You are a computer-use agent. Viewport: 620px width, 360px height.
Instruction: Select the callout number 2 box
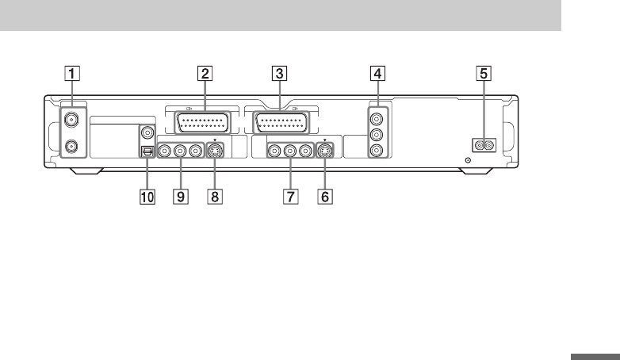pyautogui.click(x=205, y=75)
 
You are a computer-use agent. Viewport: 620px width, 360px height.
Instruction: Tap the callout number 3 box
pyautogui.click(x=278, y=75)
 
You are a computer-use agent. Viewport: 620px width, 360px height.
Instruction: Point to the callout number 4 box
pyautogui.click(x=379, y=75)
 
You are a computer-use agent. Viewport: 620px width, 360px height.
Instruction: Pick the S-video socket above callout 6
pyautogui.click(x=324, y=149)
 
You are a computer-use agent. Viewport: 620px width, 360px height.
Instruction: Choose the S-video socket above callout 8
pyautogui.click(x=214, y=149)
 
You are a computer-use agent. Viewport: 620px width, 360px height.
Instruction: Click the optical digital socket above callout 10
pyautogui.click(x=146, y=151)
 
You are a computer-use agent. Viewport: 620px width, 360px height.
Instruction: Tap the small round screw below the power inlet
pyautogui.click(x=468, y=160)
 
